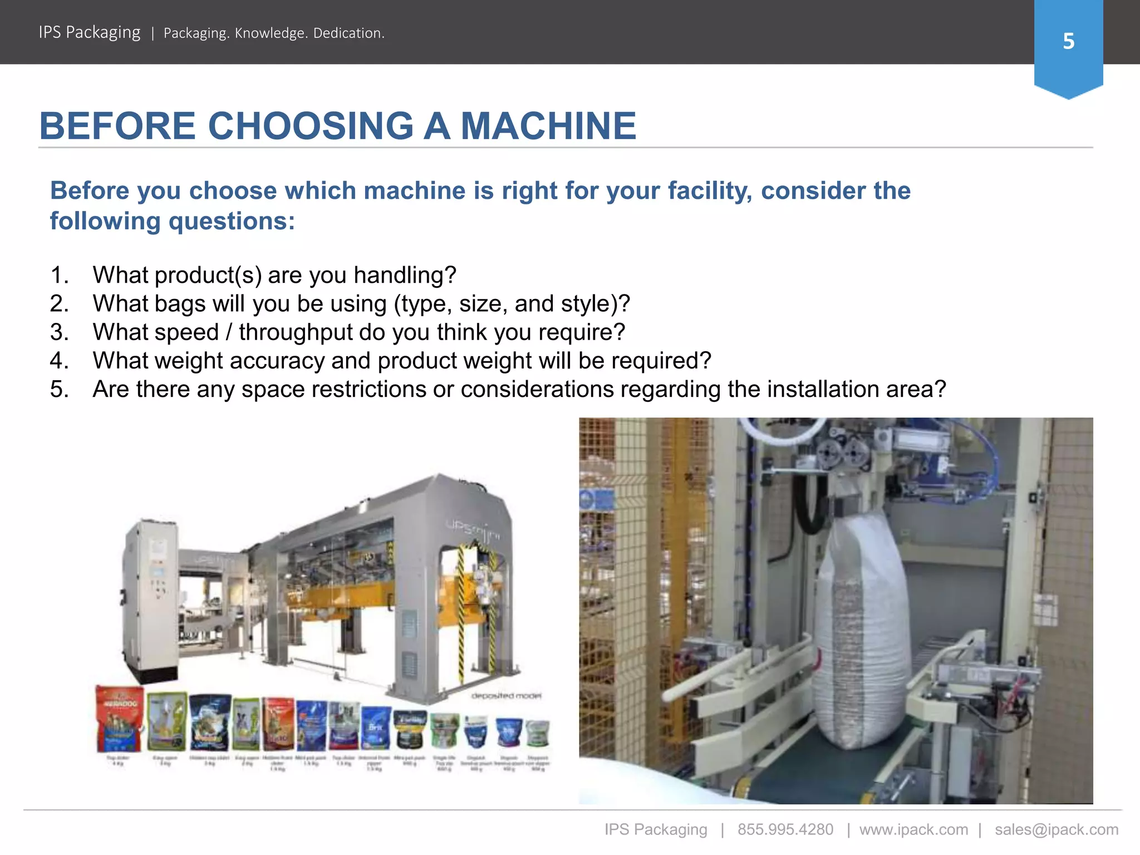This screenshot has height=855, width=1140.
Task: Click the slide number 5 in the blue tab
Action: [x=1068, y=42]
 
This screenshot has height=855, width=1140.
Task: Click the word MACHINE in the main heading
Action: [x=548, y=126]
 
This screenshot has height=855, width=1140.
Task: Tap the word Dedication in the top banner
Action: [x=348, y=33]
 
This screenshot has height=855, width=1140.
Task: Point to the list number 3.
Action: [x=59, y=332]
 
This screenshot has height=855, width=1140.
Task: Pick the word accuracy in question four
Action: [x=277, y=361]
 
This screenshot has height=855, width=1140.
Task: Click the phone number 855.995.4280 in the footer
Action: [x=785, y=829]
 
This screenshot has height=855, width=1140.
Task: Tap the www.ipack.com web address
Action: [x=913, y=829]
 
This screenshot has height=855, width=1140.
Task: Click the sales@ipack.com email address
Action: [x=1056, y=829]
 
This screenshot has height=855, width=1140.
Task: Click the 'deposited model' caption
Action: [x=506, y=696]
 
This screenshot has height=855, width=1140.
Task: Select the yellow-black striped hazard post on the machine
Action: [x=461, y=612]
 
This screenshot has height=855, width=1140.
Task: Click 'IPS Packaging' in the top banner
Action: [x=90, y=32]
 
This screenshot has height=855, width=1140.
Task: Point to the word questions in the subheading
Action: [x=232, y=222]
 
